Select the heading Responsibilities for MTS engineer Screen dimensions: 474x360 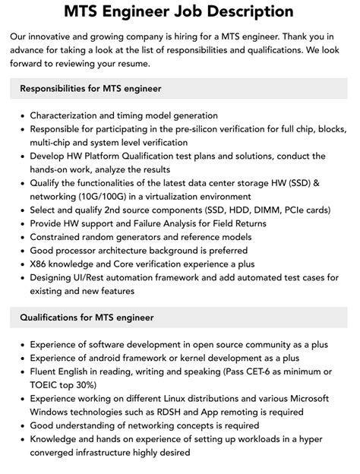[90, 89]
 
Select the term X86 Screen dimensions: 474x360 [40, 264]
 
